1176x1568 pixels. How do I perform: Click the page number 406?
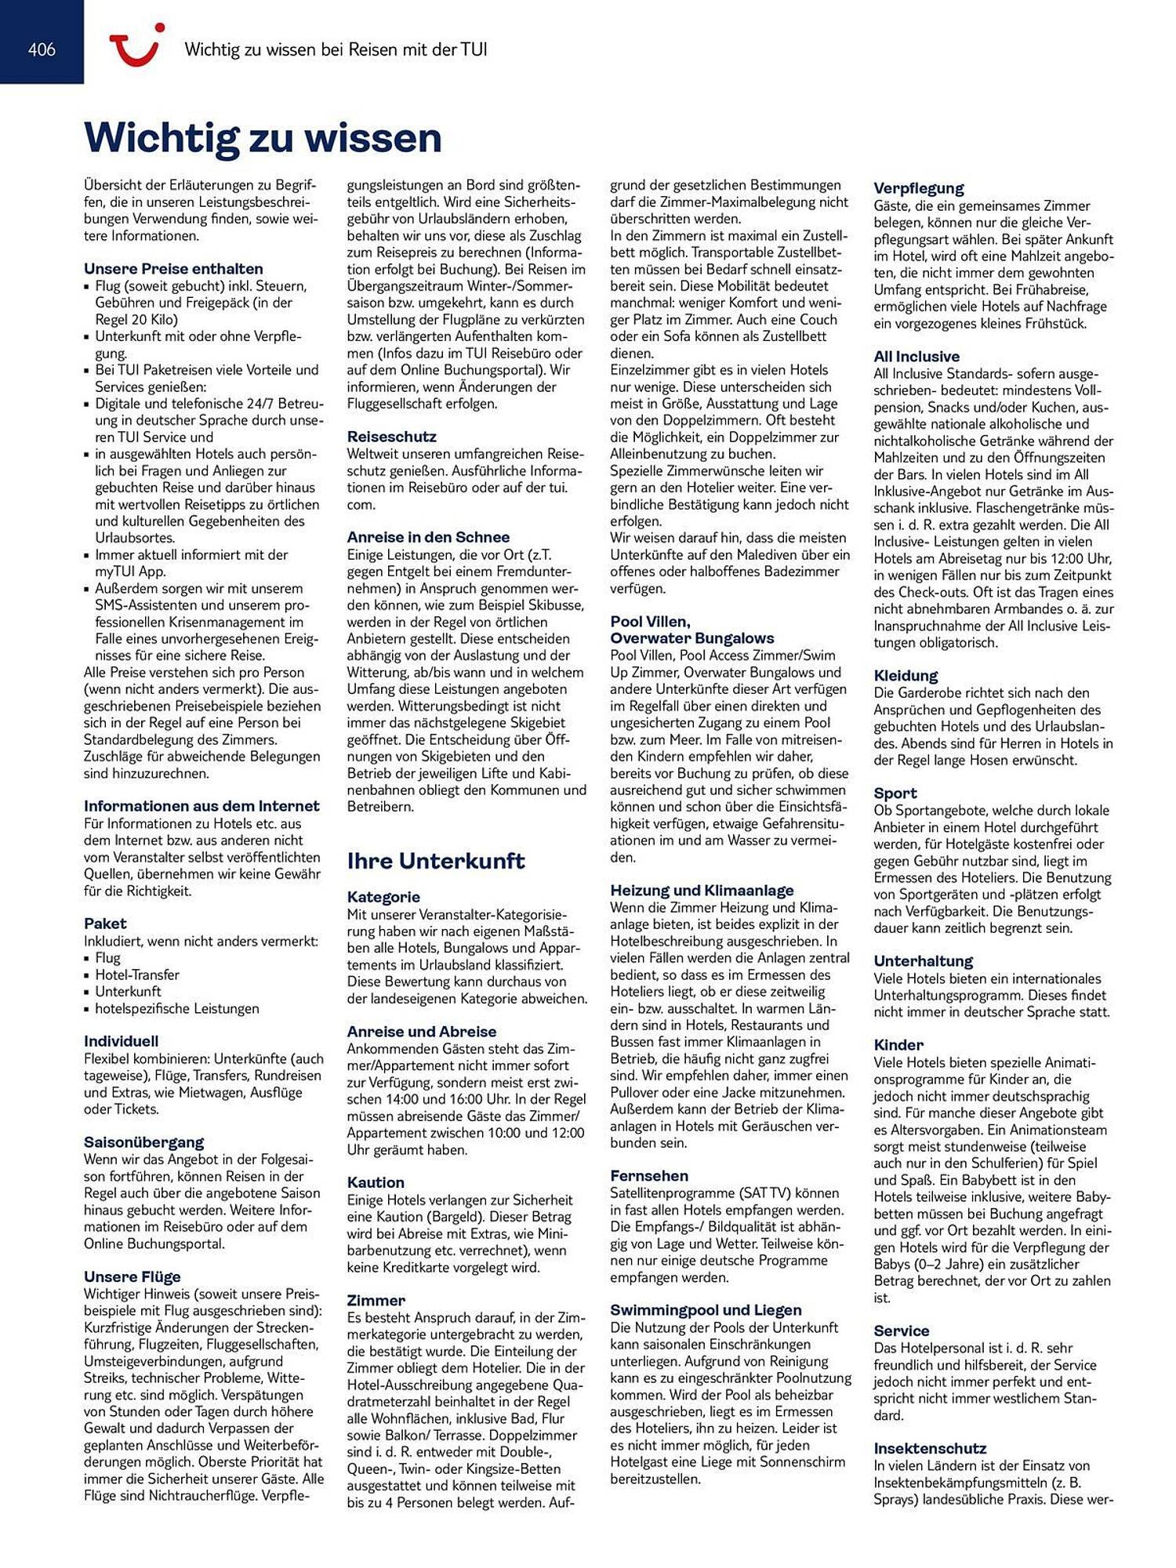click(x=42, y=49)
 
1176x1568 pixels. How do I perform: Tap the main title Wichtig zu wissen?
click(x=263, y=138)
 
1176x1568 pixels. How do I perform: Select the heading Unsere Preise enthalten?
click(x=173, y=268)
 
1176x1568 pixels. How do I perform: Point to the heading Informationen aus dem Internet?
click(x=201, y=806)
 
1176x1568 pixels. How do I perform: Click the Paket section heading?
click(x=105, y=924)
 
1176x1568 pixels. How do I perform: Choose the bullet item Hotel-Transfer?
click(x=137, y=975)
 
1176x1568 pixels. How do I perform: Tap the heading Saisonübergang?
click(x=143, y=1142)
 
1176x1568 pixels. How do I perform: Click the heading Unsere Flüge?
click(x=132, y=1276)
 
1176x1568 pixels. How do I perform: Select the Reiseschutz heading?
click(x=391, y=436)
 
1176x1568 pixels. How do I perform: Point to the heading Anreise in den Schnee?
click(x=428, y=537)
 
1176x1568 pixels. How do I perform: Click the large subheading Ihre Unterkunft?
click(x=435, y=861)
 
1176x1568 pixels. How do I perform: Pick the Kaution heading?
click(x=376, y=1182)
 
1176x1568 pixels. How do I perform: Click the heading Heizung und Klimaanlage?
click(x=702, y=890)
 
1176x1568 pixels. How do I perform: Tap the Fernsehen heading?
click(x=649, y=1175)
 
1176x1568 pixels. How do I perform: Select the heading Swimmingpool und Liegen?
click(x=706, y=1310)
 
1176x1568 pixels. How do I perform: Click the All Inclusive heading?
click(x=916, y=356)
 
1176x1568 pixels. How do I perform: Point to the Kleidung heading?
click(x=906, y=675)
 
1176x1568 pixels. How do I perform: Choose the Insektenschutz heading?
click(x=930, y=1448)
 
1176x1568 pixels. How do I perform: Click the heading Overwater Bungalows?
click(x=692, y=638)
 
